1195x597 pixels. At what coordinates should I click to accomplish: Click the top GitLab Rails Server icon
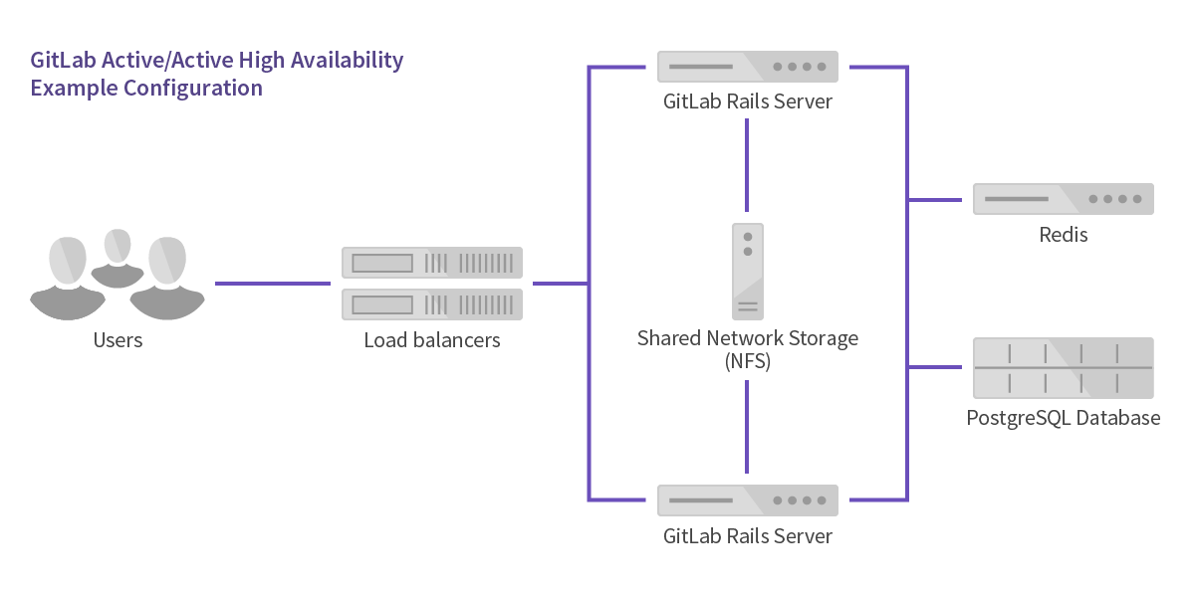pos(748,67)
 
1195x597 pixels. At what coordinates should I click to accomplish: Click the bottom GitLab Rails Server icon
pos(748,500)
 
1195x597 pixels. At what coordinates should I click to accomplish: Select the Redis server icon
pos(1063,199)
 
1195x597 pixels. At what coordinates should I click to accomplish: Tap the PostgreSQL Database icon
pos(1063,368)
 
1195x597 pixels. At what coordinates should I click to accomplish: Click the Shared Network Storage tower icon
pos(748,271)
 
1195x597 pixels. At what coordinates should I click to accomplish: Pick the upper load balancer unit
pos(432,263)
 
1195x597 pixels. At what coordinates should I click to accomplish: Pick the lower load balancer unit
pos(432,303)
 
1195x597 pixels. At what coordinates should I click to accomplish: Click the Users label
pos(118,340)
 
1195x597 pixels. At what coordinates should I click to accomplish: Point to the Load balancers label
pos(432,340)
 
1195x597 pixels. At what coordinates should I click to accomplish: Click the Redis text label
pos(1063,235)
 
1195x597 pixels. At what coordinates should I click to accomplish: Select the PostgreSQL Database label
pos(1063,418)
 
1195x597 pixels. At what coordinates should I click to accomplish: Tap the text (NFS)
pos(748,362)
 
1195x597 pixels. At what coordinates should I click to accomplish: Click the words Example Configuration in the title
pos(146,88)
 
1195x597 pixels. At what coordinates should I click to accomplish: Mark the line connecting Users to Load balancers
pos(272,284)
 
